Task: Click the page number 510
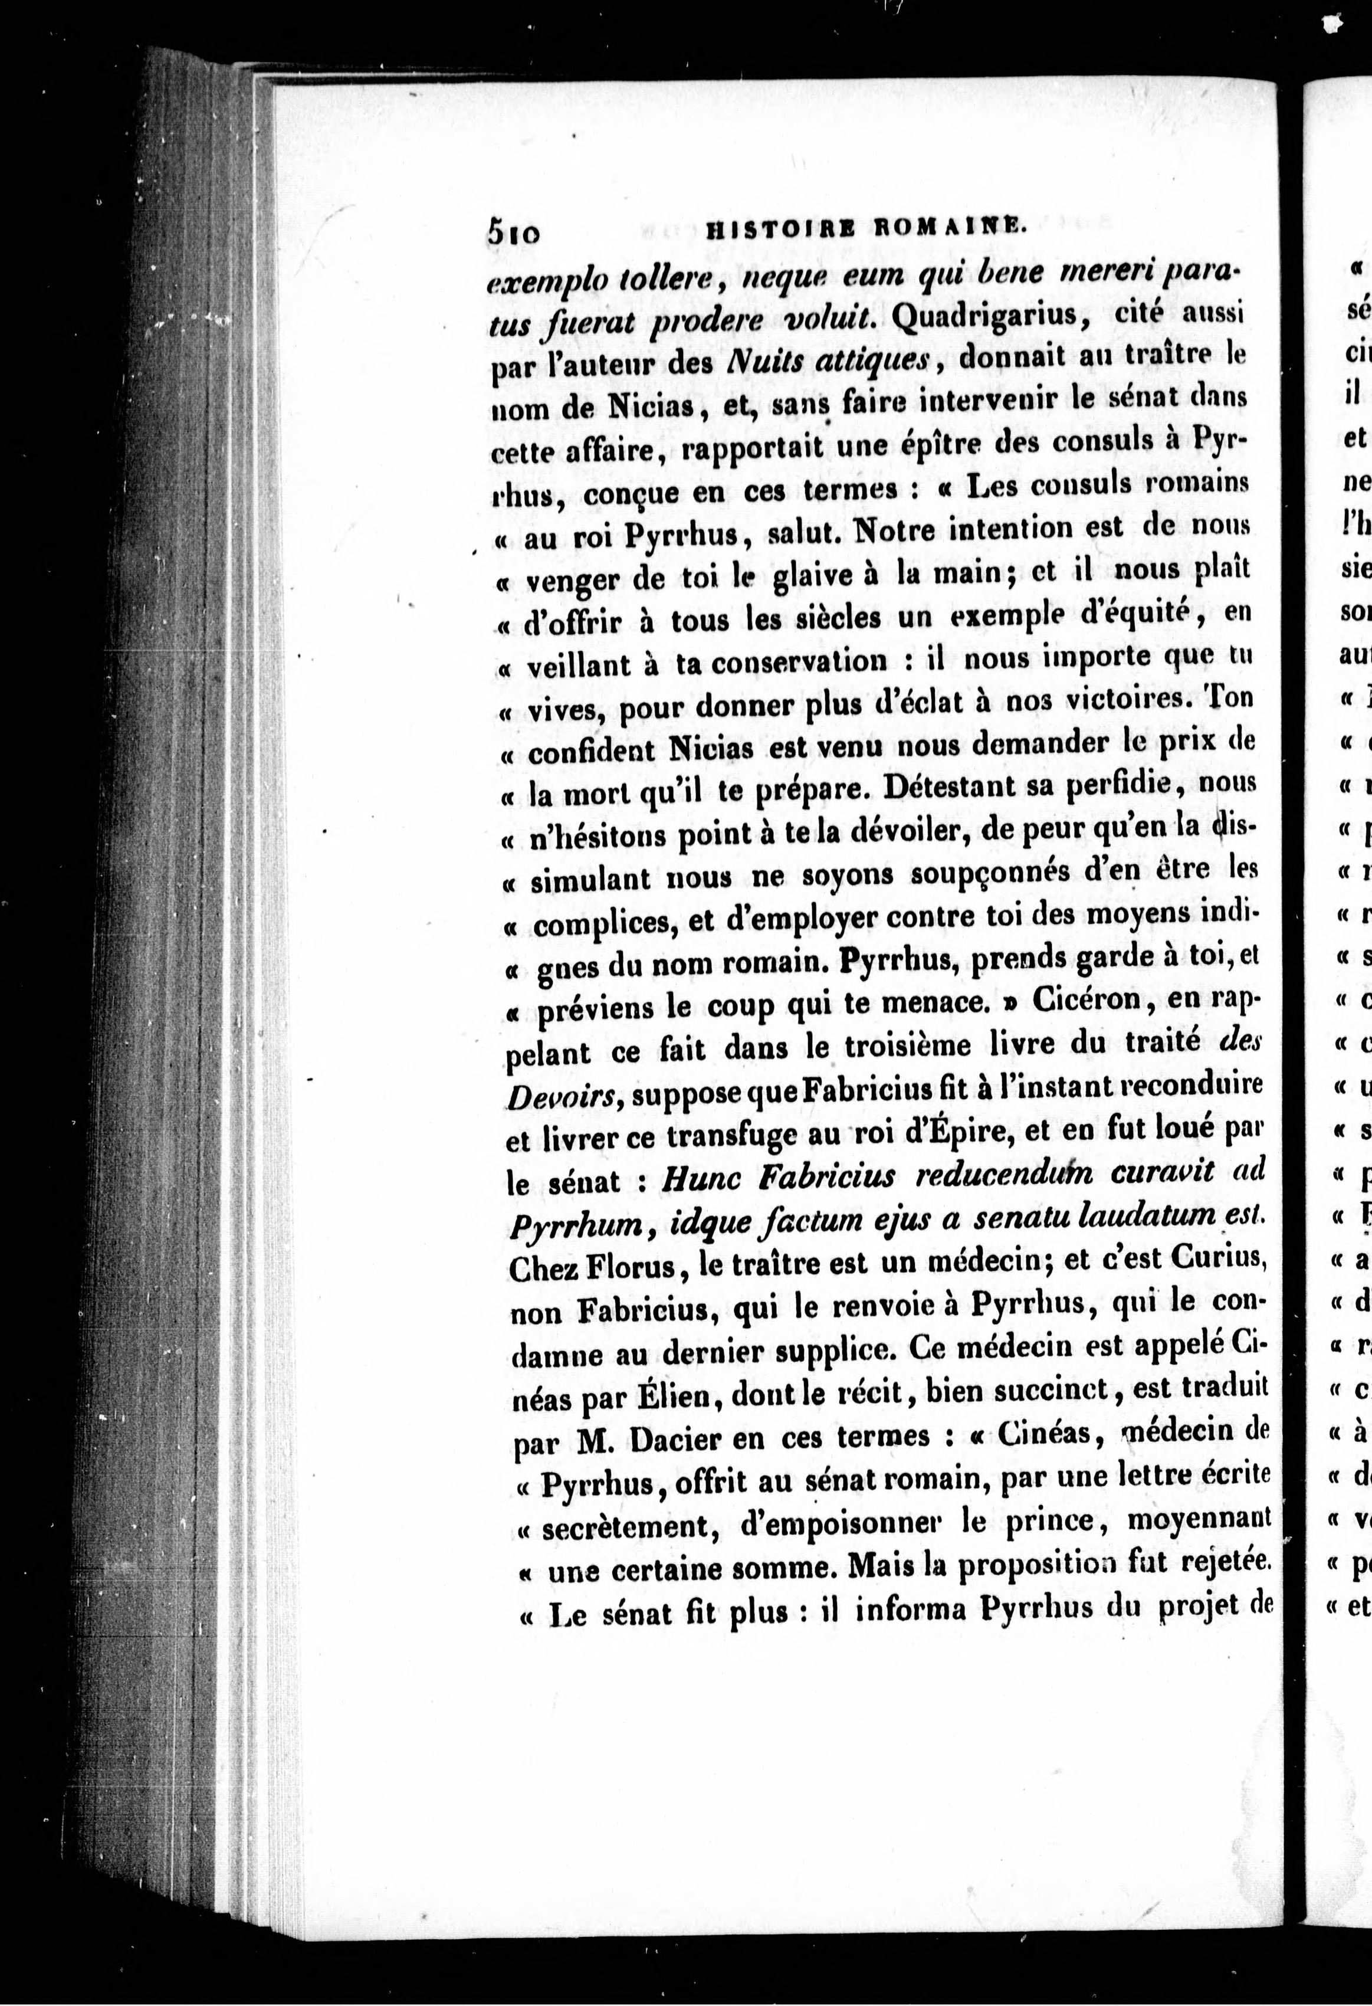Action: pos(514,232)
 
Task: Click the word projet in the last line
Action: pos(1192,1605)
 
